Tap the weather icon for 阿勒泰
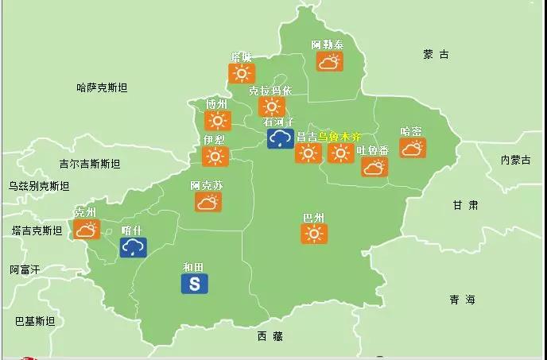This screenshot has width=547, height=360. tap(328, 60)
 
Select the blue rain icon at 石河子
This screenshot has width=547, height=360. tap(280, 139)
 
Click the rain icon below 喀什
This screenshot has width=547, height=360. tap(133, 247)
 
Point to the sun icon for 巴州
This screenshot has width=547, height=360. tap(315, 233)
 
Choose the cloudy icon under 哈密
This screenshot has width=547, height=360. tap(412, 147)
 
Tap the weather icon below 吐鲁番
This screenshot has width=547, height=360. tap(374, 166)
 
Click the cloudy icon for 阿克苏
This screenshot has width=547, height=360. tap(208, 202)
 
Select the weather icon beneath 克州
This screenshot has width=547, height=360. tap(86, 230)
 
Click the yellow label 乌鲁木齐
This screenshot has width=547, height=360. tap(339, 136)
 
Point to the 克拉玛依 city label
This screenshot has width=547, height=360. tap(270, 91)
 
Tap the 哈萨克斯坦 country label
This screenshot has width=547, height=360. tap(102, 87)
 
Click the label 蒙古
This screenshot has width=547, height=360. tap(436, 55)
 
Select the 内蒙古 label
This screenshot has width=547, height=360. tap(515, 160)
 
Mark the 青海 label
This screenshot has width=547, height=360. tap(461, 300)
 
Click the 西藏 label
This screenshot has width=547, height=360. tap(270, 336)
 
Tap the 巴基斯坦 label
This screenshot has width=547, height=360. tap(35, 321)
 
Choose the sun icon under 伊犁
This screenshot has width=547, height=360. tap(215, 156)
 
